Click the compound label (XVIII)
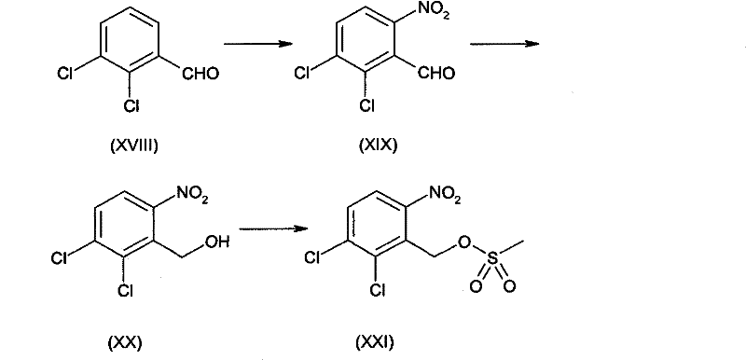pyautogui.click(x=132, y=146)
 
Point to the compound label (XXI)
pyautogui.click(x=375, y=342)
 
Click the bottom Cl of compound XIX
pyautogui.click(x=366, y=105)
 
